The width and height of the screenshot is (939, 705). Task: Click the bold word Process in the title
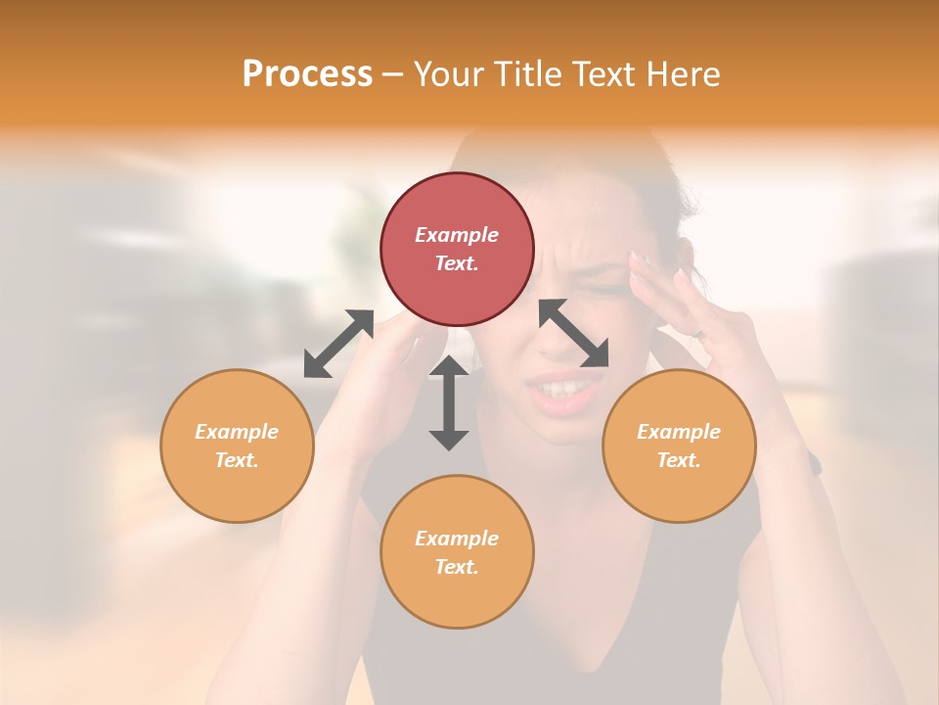coord(307,74)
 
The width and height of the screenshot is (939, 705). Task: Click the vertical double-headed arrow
coord(449,402)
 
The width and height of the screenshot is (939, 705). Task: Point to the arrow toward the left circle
coord(338,344)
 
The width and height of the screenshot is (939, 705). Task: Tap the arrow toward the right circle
coord(574,333)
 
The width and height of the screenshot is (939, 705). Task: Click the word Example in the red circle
coord(457,235)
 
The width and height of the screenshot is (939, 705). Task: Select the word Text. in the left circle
coord(237,460)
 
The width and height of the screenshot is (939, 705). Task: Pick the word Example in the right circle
coord(679,432)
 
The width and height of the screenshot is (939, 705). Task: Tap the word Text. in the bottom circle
coord(457,567)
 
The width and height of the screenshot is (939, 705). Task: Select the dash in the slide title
coord(392,74)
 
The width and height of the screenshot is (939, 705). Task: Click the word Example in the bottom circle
coord(457,539)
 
